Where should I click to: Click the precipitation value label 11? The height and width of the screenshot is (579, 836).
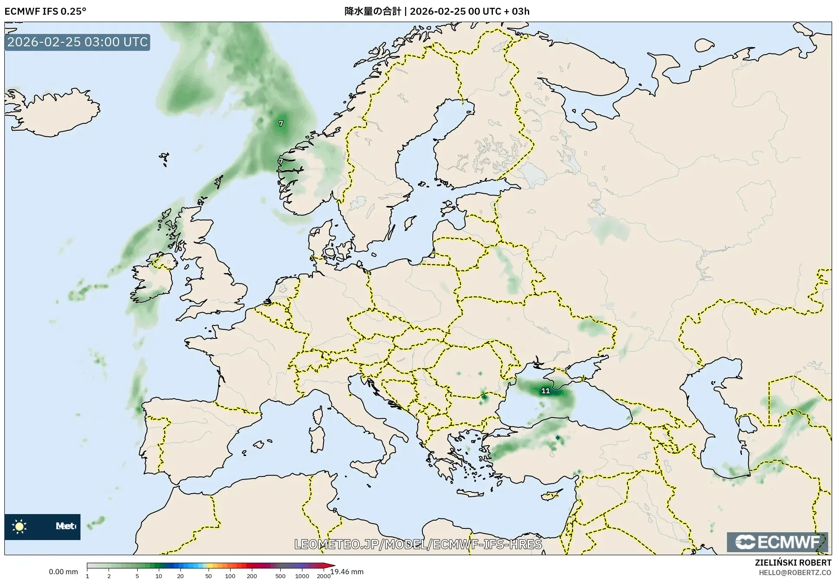pyautogui.click(x=546, y=391)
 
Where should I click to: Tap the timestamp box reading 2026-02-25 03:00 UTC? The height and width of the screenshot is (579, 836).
pyautogui.click(x=77, y=42)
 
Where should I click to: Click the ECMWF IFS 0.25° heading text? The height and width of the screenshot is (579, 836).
pyautogui.click(x=45, y=11)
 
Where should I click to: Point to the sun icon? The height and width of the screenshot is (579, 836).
pyautogui.click(x=19, y=526)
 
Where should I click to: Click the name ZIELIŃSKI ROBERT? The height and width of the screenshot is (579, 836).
pyautogui.click(x=793, y=563)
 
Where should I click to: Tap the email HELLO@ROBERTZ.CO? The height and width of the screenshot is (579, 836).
pyautogui.click(x=795, y=573)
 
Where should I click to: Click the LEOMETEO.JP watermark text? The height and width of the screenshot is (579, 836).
pyautogui.click(x=418, y=544)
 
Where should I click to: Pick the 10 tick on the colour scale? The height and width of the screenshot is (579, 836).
pyautogui.click(x=159, y=576)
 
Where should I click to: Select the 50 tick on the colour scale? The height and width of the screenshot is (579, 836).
pyautogui.click(x=209, y=576)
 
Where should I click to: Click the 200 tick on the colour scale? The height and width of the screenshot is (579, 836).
pyautogui.click(x=252, y=576)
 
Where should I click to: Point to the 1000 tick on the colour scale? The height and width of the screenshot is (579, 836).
pyautogui.click(x=302, y=576)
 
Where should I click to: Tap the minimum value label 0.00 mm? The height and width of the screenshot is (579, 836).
pyautogui.click(x=63, y=572)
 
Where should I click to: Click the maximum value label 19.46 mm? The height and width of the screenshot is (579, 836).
pyautogui.click(x=347, y=572)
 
